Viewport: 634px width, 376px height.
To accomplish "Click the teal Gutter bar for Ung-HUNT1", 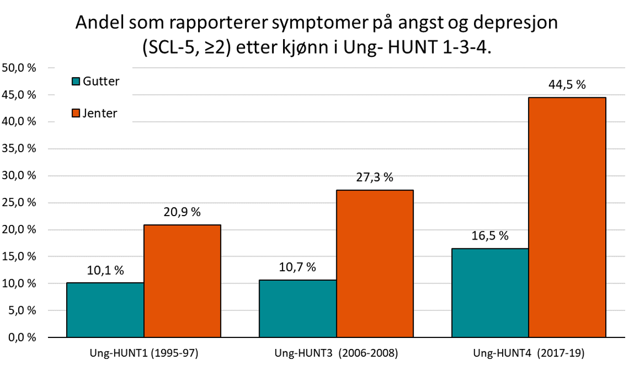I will click(105, 310).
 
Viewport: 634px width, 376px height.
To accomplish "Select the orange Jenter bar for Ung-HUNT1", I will click(182, 281).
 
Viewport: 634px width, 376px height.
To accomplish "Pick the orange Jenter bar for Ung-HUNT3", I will click(374, 264).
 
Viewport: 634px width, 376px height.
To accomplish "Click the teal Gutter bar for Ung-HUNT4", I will click(490, 293).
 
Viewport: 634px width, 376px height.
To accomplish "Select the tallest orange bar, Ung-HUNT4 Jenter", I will click(567, 217).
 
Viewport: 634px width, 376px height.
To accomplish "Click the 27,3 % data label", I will click(374, 178).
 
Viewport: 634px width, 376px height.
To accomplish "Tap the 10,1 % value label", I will click(105, 271).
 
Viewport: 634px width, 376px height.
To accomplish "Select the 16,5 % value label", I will click(490, 236).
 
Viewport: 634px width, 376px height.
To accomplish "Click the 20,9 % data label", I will click(182, 212).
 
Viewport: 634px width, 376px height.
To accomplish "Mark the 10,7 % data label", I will click(298, 268).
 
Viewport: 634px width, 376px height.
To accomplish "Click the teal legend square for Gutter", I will click(76, 82).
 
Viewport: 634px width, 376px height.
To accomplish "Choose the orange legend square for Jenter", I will click(76, 113).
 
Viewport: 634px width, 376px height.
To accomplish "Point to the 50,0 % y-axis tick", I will click(19, 68).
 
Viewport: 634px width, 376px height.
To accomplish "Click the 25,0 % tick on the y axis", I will click(19, 203).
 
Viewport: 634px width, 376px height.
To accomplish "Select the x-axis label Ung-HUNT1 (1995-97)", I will click(144, 354).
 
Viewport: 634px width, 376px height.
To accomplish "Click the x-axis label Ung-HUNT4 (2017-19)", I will click(529, 354).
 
